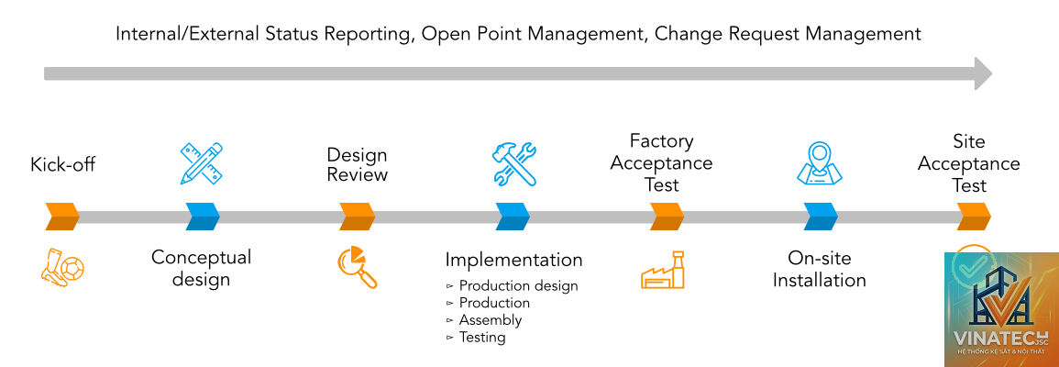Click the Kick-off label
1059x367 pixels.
pyautogui.click(x=63, y=164)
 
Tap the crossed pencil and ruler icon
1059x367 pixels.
pyautogui.click(x=202, y=163)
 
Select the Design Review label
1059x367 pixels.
pyautogui.click(x=358, y=165)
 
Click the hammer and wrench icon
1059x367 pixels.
pyautogui.click(x=514, y=164)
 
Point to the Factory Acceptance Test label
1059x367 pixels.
pyautogui.click(x=661, y=163)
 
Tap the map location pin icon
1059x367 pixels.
pyautogui.click(x=820, y=163)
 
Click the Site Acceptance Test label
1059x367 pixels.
pyautogui.click(x=968, y=163)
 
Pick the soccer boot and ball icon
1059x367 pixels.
pyautogui.click(x=63, y=267)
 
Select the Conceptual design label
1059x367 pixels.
pyautogui.click(x=202, y=268)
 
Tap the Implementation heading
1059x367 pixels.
pyautogui.click(x=514, y=260)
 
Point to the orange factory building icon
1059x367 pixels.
pyautogui.click(x=663, y=271)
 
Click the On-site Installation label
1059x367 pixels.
pyautogui.click(x=820, y=268)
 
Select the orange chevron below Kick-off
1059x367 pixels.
pyautogui.click(x=63, y=217)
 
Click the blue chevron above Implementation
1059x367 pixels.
pyautogui.click(x=513, y=217)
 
